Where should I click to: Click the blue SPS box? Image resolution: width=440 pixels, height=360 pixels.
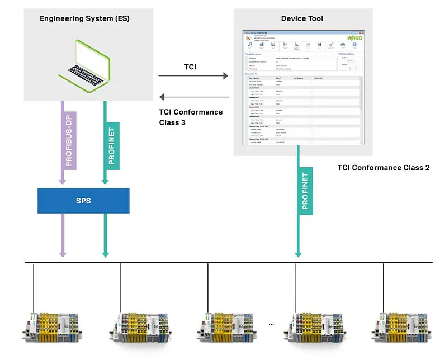tap(83, 200)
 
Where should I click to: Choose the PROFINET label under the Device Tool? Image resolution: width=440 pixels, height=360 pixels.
tap(305, 191)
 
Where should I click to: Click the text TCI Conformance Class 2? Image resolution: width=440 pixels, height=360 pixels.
tap(384, 168)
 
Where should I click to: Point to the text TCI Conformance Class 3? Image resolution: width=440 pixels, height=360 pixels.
tap(191, 117)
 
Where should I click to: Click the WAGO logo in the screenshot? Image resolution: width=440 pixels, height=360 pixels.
tap(354, 37)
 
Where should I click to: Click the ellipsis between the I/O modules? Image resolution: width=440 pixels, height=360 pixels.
tap(272, 324)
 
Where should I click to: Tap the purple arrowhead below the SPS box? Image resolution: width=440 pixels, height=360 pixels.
tap(63, 253)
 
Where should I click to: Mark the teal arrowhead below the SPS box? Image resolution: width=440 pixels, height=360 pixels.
tap(105, 253)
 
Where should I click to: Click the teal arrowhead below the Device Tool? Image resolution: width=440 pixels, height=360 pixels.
tap(298, 253)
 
